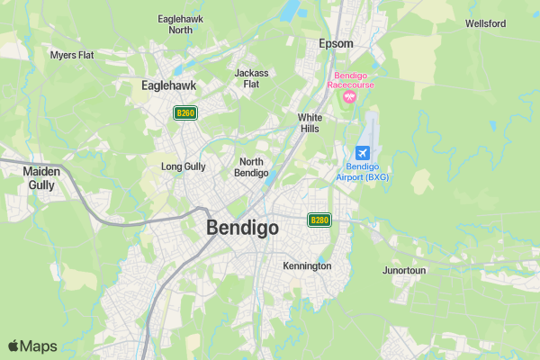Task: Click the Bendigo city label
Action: [x=242, y=228]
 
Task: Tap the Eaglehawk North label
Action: [x=175, y=24]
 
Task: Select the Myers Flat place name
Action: [x=73, y=55]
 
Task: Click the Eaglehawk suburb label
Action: [x=169, y=85]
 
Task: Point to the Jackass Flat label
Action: [x=251, y=78]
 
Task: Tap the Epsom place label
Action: [x=336, y=43]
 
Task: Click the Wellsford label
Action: [x=485, y=23]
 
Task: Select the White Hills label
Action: [x=310, y=123]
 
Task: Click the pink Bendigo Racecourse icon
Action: [x=350, y=96]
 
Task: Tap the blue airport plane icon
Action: [x=363, y=152]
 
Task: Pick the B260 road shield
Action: [x=185, y=112]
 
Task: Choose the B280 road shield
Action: [x=319, y=220]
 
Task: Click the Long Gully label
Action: [x=183, y=166]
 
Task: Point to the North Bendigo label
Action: [x=251, y=166]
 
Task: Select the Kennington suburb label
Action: [x=307, y=266]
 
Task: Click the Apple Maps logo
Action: [x=32, y=346]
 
